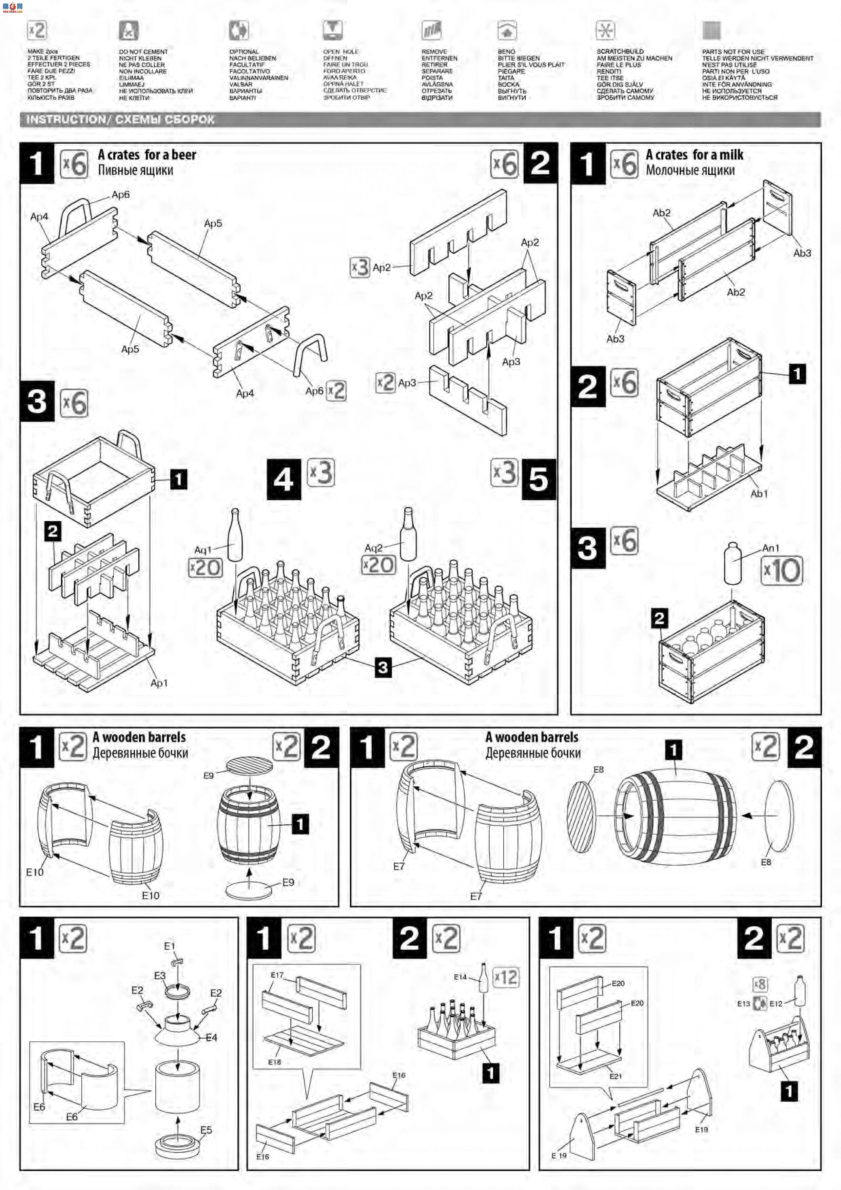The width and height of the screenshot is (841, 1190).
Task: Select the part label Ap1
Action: click(159, 683)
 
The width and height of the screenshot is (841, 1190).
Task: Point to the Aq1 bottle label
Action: click(202, 550)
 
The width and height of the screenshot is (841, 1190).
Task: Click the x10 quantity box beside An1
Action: click(781, 571)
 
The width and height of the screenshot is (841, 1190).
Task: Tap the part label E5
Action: click(206, 1130)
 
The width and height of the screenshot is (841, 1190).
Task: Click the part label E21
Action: click(615, 1076)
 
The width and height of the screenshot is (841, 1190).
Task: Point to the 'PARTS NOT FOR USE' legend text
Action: click(733, 52)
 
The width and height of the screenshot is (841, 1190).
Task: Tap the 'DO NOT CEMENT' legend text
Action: click(143, 52)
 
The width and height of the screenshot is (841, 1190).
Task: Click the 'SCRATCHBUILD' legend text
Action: click(620, 51)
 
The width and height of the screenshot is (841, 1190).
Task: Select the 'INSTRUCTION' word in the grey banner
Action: click(65, 120)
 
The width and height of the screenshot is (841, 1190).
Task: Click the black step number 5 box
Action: click(539, 479)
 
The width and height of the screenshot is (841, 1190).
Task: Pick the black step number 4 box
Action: click(283, 479)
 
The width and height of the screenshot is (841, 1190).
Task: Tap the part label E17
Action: click(277, 975)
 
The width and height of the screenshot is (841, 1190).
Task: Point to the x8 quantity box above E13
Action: click(760, 984)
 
